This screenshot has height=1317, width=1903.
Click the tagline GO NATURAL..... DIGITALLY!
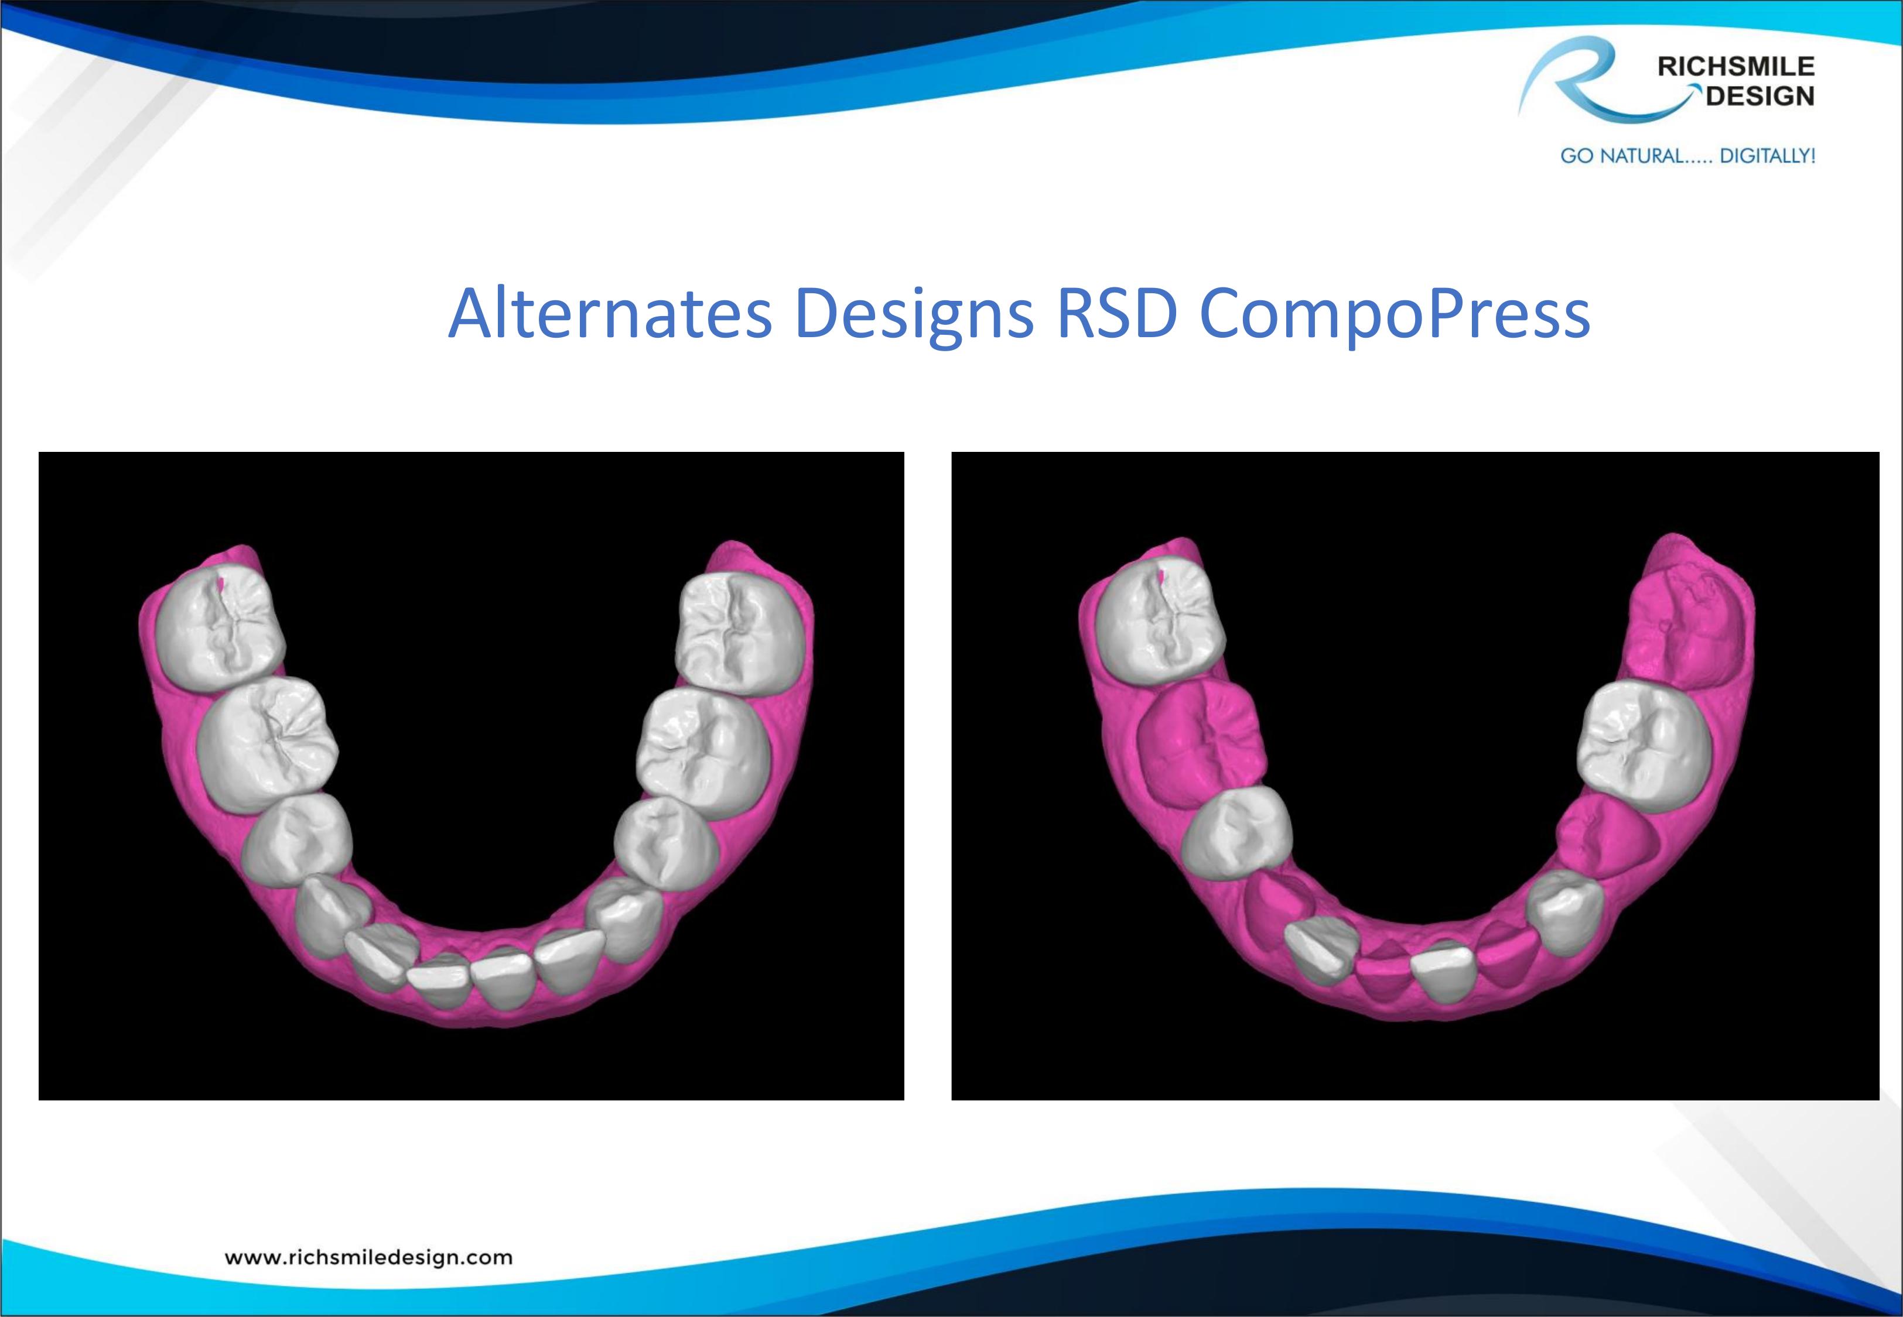coord(1687,156)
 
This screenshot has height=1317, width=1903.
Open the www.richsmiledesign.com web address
coord(368,1257)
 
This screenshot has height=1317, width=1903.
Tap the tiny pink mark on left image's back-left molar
coord(221,584)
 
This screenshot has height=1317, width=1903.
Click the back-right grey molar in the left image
coord(740,631)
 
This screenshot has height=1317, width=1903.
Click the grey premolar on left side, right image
coord(1236,842)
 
